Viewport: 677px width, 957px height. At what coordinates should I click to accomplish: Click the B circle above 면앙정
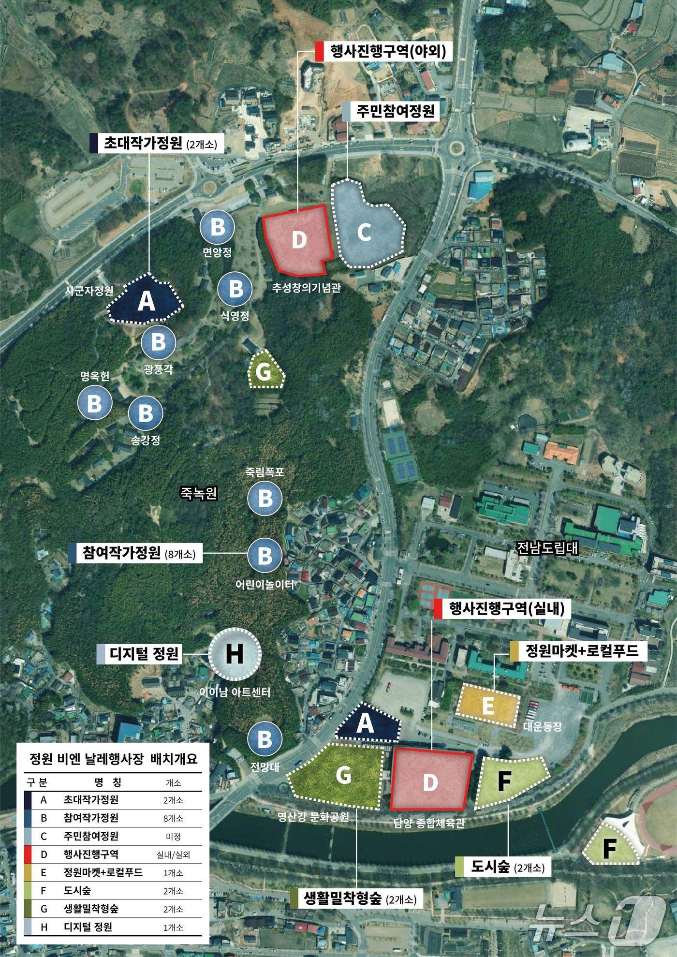pyautogui.click(x=217, y=226)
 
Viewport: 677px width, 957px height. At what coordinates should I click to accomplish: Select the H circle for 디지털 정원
pyautogui.click(x=235, y=654)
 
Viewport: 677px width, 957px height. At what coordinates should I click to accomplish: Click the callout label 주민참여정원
pyautogui.click(x=395, y=112)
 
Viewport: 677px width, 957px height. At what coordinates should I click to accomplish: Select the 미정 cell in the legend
pyautogui.click(x=173, y=837)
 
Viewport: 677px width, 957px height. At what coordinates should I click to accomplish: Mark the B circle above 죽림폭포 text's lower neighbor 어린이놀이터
pyautogui.click(x=265, y=556)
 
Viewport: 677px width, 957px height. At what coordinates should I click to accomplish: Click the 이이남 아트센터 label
pyautogui.click(x=235, y=692)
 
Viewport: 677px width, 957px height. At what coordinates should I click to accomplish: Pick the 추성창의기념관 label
pyautogui.click(x=307, y=288)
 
